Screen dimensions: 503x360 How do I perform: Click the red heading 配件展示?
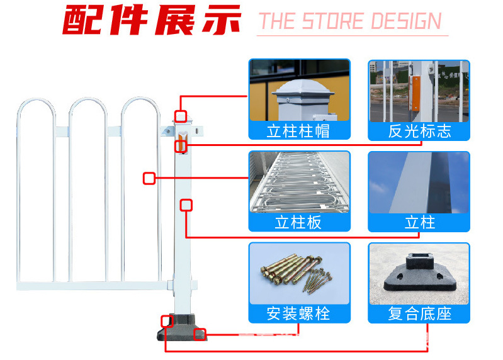point(152,20)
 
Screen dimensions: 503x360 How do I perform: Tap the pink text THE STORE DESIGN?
point(350,21)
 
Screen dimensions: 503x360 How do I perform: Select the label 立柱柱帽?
point(298,131)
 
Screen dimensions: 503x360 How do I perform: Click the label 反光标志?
point(420,131)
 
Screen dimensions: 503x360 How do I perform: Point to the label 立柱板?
point(298,222)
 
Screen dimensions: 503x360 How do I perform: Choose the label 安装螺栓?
point(298,313)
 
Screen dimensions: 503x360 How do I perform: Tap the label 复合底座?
point(420,313)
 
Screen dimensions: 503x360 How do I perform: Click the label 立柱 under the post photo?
point(420,222)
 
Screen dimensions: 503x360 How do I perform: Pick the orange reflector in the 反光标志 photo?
point(415,94)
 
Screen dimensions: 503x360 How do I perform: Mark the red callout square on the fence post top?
point(181,116)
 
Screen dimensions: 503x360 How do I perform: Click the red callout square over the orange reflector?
point(181,146)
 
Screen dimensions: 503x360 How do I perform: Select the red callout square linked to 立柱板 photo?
point(149,178)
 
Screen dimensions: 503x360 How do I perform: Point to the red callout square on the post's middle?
point(186,205)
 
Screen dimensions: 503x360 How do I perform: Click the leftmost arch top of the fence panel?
point(36,99)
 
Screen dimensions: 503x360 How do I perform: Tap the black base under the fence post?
point(181,327)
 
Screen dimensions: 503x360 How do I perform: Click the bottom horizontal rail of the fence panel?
point(93,286)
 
